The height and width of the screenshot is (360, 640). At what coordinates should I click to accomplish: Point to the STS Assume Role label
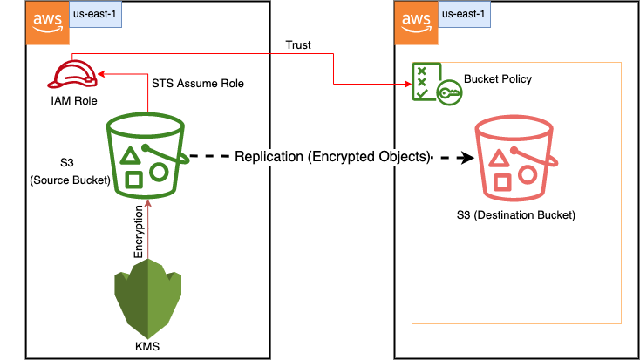[197, 84]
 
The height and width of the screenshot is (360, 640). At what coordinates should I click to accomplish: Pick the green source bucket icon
[147, 158]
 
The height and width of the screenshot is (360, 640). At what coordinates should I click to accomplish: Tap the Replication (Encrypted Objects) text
[333, 158]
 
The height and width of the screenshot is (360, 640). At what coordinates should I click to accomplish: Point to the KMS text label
[147, 347]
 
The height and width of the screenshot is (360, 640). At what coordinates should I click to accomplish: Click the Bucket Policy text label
[498, 79]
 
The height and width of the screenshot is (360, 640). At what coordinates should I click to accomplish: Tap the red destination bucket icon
[513, 158]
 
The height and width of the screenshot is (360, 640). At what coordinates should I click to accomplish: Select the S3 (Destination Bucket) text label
[516, 214]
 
